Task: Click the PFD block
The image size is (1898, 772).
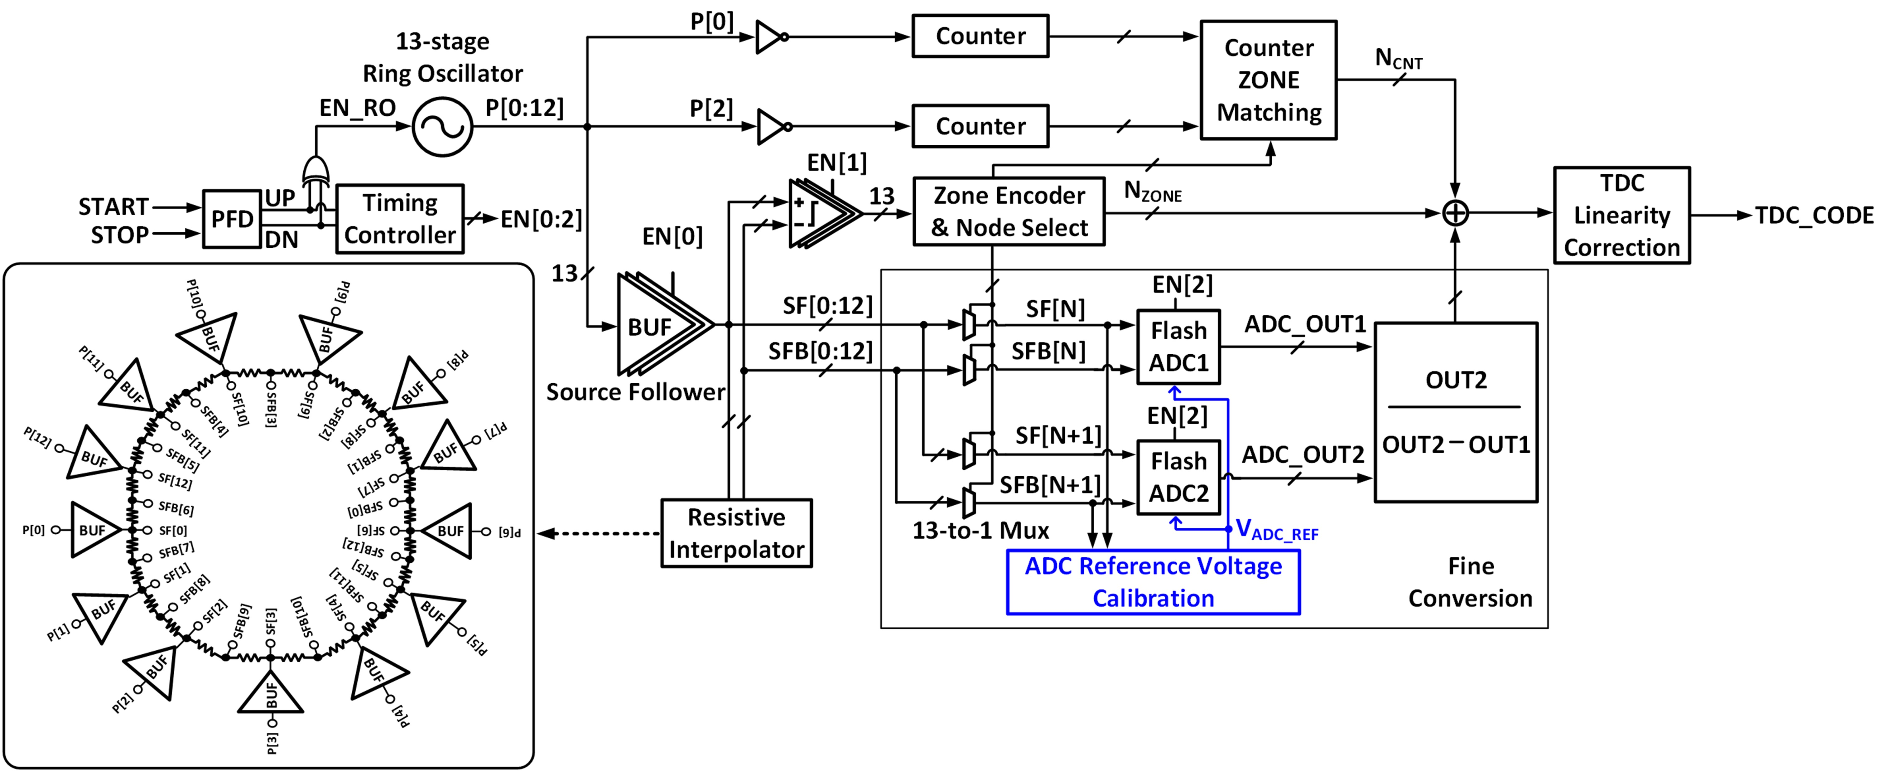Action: pos(232,219)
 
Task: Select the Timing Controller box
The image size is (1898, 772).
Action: pos(400,219)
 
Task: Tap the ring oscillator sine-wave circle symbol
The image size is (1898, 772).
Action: pos(442,127)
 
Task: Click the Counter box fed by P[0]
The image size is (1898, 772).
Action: pos(980,36)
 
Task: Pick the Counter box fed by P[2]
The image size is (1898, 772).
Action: pos(980,126)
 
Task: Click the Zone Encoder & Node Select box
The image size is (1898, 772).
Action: pos(1009,211)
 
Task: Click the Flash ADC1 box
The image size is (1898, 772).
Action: pos(1178,347)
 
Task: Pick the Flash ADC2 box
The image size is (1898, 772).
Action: pos(1178,477)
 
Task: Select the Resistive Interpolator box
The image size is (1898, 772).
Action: pos(736,533)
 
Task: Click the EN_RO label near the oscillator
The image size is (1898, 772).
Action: pos(357,108)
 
